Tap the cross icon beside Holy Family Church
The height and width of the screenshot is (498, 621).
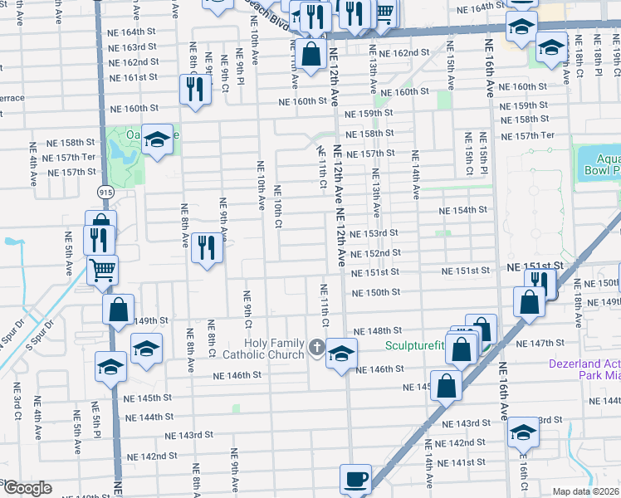[315, 348]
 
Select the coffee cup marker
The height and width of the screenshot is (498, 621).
[356, 479]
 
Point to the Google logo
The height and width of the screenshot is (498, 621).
[27, 488]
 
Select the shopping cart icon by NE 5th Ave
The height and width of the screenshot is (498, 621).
[103, 270]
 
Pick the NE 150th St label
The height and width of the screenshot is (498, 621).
[375, 292]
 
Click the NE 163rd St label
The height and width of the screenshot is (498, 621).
[133, 46]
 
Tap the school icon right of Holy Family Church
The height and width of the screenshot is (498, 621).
[341, 354]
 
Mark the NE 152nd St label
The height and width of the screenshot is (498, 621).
[375, 252]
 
